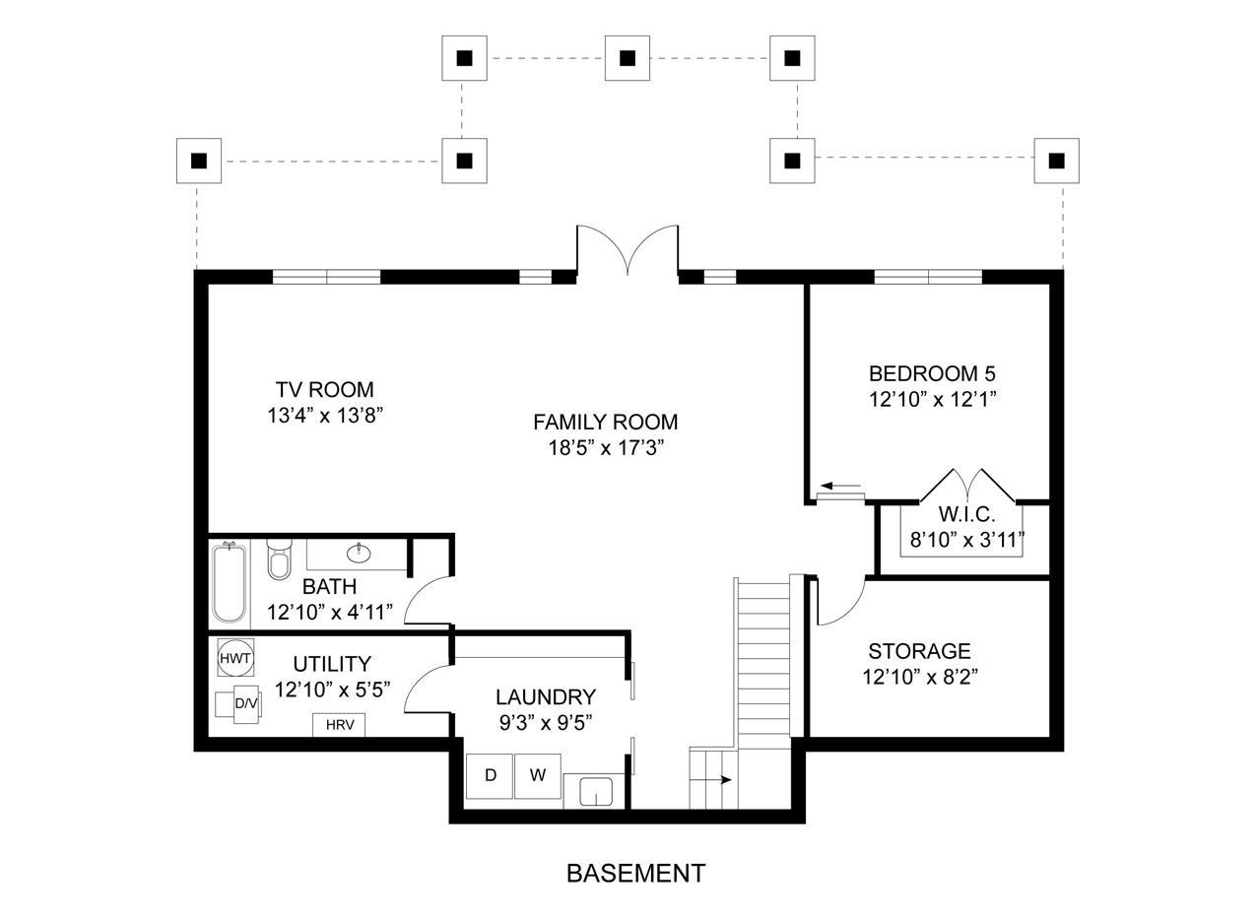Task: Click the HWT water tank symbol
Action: click(x=235, y=657)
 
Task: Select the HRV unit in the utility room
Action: click(x=339, y=725)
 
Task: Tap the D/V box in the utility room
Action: click(x=244, y=703)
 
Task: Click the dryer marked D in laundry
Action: click(x=490, y=775)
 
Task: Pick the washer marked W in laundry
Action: click(x=537, y=775)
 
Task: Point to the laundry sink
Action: click(x=596, y=791)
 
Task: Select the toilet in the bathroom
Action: click(x=279, y=560)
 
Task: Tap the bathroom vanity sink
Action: click(x=359, y=553)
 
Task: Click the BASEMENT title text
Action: click(x=635, y=873)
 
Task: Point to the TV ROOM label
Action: click(x=324, y=389)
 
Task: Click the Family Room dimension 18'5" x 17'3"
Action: click(x=606, y=448)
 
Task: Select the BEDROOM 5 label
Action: click(x=931, y=373)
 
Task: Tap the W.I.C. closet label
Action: click(x=966, y=514)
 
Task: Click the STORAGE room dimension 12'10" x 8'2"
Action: click(x=919, y=677)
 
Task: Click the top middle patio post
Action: click(x=627, y=58)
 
